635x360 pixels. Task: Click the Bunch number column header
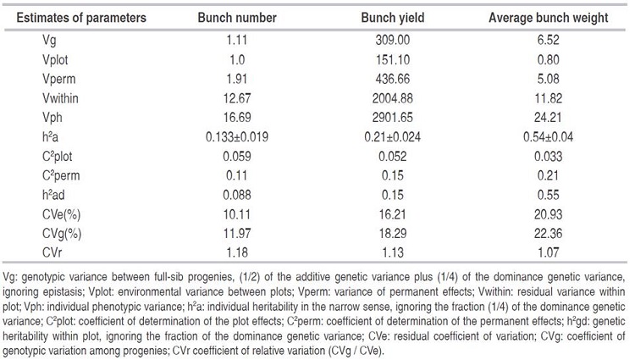233,17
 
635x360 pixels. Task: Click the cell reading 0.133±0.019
234,148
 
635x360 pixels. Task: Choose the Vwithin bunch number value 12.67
234,105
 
